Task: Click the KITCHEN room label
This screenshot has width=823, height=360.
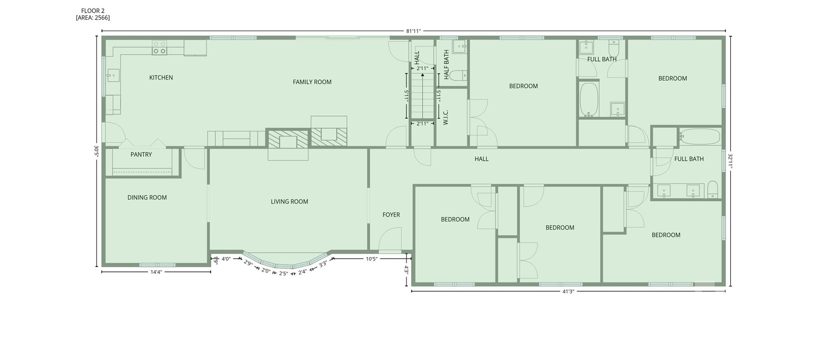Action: click(x=161, y=77)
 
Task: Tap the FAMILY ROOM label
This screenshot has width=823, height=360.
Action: click(x=312, y=82)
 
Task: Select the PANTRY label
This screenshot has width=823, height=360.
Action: click(x=141, y=155)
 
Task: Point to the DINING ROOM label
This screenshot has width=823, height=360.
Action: click(x=147, y=197)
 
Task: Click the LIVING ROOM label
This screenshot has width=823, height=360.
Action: click(x=289, y=201)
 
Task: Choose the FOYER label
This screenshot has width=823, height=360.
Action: click(x=391, y=215)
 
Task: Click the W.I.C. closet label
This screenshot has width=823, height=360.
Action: click(x=446, y=117)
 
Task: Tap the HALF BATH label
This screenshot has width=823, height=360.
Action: click(x=446, y=65)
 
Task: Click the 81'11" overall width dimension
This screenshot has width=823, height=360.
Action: click(x=413, y=31)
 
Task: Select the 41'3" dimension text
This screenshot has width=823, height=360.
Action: click(x=568, y=292)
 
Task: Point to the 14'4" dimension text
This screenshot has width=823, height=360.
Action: click(x=156, y=272)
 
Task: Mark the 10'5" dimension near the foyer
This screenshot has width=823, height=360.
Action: click(x=371, y=259)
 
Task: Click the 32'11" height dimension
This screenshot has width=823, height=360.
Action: click(x=730, y=162)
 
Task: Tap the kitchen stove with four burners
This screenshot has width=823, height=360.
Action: click(x=160, y=48)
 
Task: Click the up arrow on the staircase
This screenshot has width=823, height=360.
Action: click(x=422, y=75)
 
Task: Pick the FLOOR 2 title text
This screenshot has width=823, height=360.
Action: click(x=93, y=11)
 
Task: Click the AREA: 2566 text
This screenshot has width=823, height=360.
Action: click(x=93, y=18)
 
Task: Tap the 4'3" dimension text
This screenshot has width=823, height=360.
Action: click(x=406, y=269)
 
